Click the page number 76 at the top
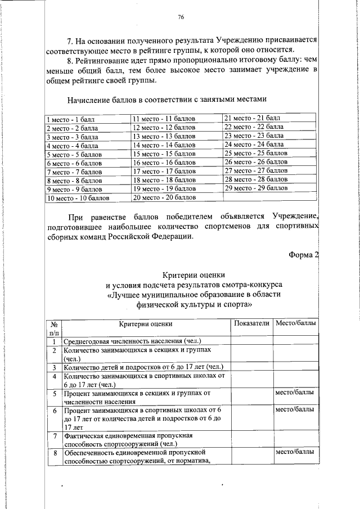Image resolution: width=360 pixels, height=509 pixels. coord(181,17)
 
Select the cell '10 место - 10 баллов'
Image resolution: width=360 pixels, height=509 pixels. coord(78,199)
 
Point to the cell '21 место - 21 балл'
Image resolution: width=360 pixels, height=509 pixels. coord(251,119)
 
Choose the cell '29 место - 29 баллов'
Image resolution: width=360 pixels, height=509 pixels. coord(256,188)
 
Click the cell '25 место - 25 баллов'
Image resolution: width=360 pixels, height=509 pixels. coord(256,153)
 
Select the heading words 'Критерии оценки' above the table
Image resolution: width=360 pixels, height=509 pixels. coord(190,275)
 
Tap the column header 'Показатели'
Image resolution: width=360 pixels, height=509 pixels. coord(251,323)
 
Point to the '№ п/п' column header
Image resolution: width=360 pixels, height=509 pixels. coord(55,328)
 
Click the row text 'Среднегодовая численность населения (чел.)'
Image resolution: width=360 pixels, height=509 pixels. coord(133,341)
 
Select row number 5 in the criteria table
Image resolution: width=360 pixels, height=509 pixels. coord(55,394)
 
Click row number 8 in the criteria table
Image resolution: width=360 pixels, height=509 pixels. coord(55,453)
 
